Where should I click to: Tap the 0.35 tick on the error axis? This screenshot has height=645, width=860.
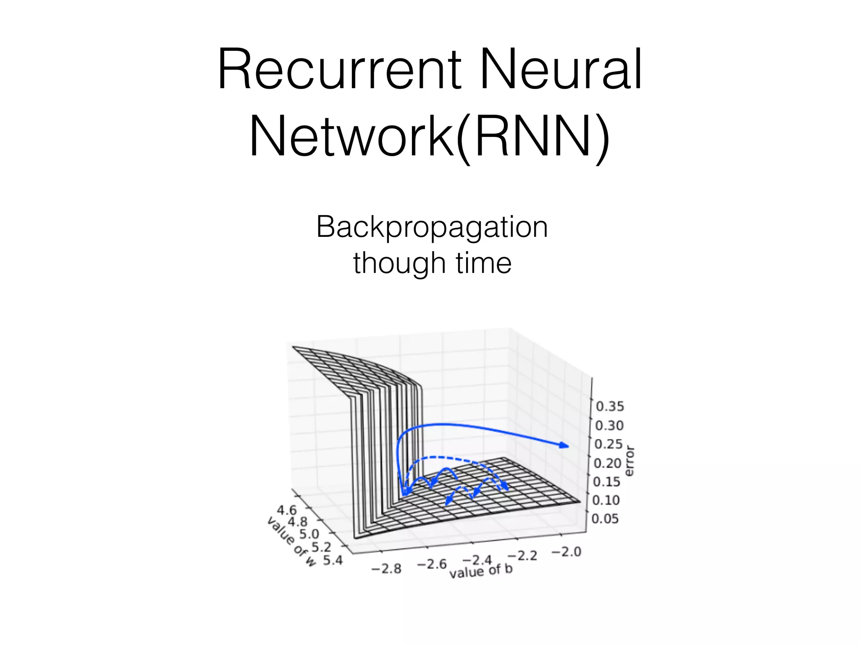[610, 406]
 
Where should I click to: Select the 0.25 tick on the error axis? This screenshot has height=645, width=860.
[609, 444]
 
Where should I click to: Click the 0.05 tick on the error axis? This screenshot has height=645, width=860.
[605, 519]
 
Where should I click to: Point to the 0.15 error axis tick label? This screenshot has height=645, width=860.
[606, 482]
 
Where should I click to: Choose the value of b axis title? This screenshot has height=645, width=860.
[481, 571]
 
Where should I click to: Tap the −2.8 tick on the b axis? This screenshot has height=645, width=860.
[386, 569]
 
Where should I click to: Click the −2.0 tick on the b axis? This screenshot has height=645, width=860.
[566, 551]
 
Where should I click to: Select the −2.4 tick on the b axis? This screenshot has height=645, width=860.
[477, 560]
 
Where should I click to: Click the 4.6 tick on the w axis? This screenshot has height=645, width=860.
[287, 510]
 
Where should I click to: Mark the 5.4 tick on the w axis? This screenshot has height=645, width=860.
[333, 560]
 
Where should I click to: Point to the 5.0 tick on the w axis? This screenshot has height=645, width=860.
[309, 534]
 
